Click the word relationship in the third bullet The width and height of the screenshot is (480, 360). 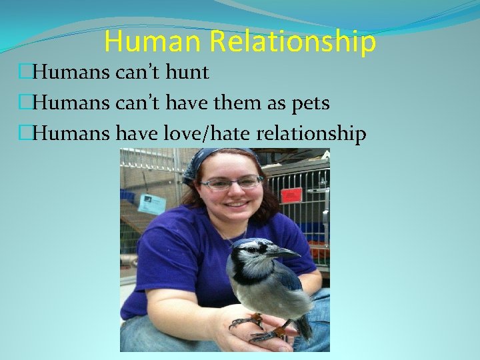click(x=311, y=134)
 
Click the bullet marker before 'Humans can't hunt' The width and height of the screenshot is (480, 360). click(x=25, y=72)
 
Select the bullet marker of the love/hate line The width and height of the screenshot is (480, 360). click(x=25, y=134)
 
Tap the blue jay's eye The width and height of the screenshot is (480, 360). click(x=267, y=248)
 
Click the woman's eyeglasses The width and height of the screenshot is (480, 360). click(x=231, y=183)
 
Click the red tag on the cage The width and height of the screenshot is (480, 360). click(x=291, y=195)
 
